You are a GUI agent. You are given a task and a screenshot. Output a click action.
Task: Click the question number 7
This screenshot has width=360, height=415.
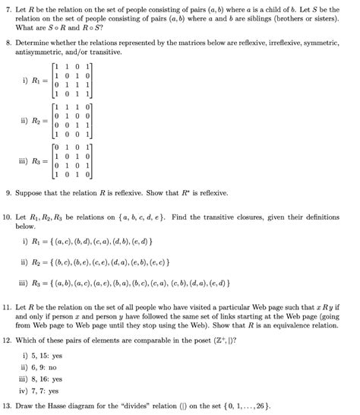click(7, 7)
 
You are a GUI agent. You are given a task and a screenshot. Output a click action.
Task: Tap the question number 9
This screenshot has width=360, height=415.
click(7, 194)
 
